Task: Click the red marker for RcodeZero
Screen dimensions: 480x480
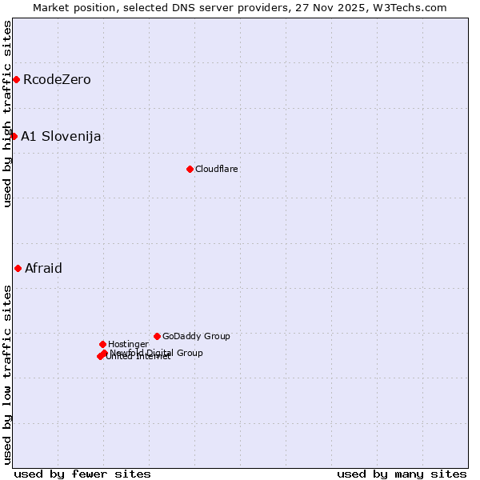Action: (x=16, y=79)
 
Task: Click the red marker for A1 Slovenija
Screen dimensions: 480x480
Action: (x=14, y=136)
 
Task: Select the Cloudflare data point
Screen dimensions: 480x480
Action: (x=190, y=169)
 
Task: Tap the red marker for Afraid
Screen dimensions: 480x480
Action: (x=18, y=268)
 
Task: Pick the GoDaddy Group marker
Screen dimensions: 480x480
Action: (x=157, y=336)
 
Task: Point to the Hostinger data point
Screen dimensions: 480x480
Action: (x=102, y=344)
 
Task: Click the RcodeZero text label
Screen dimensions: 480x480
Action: (x=57, y=79)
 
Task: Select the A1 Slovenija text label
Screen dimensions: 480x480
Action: (x=61, y=136)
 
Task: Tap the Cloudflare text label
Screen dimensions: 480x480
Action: (x=217, y=169)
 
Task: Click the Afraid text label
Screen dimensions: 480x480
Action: (x=43, y=268)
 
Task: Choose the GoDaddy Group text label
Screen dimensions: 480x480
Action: (x=196, y=336)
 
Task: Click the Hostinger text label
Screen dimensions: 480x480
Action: (x=128, y=344)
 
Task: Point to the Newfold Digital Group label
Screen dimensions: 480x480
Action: (x=157, y=352)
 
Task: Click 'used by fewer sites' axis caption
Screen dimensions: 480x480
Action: (x=82, y=474)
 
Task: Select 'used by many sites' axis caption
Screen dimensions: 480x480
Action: (x=402, y=474)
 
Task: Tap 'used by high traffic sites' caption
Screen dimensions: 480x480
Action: (x=7, y=114)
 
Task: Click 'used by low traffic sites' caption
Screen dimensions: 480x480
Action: (x=7, y=374)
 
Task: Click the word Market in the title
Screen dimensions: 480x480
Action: (x=51, y=7)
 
